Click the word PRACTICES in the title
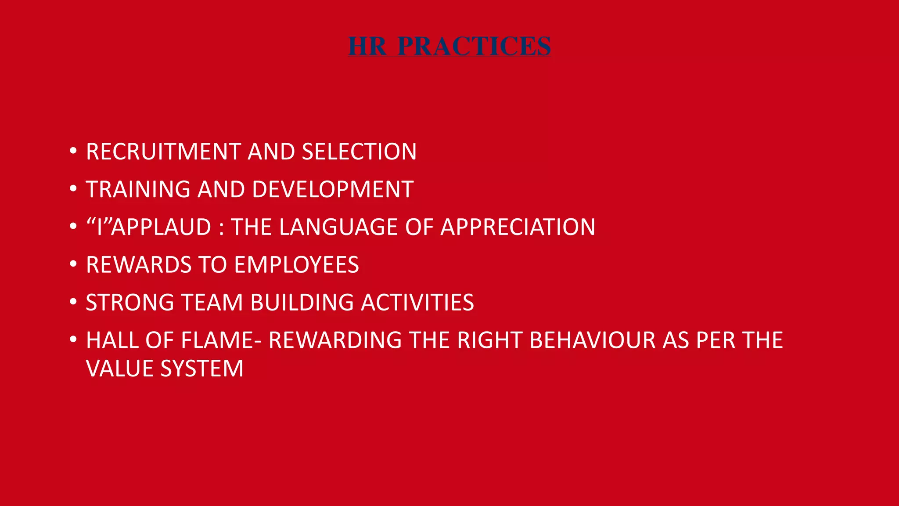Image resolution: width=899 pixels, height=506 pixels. click(474, 46)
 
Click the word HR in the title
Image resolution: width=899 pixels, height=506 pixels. click(367, 46)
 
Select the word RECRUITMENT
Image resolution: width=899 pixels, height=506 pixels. click(163, 152)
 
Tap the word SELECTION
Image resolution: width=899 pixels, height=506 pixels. click(359, 152)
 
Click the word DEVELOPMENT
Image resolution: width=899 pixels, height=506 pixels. click(333, 189)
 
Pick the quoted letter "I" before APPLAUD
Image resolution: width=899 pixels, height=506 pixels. click(99, 227)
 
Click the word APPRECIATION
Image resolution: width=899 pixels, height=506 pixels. click(518, 227)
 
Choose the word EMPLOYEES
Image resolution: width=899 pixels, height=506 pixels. click(296, 265)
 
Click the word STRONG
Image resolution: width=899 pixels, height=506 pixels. click(130, 303)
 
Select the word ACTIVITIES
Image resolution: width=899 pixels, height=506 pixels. click(417, 303)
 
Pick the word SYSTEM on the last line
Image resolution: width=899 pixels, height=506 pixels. click(202, 369)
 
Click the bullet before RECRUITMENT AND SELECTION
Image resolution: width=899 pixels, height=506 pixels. click(73, 151)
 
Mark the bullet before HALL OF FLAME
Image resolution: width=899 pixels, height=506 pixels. click(73, 340)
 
